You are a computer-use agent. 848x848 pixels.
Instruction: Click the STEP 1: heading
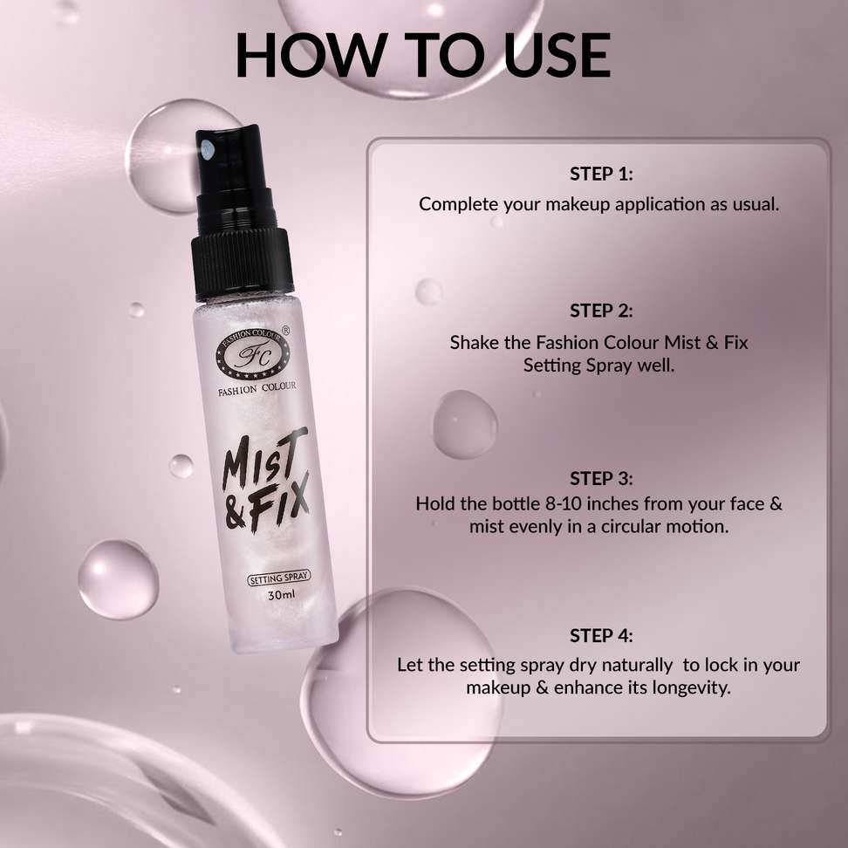click(601, 174)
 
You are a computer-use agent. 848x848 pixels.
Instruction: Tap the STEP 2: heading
click(601, 311)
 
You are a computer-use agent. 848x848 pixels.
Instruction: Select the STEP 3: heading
click(601, 479)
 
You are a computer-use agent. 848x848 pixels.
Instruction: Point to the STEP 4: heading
click(601, 635)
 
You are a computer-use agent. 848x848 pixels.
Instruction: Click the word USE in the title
click(557, 55)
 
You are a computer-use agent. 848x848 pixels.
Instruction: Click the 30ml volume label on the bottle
click(282, 595)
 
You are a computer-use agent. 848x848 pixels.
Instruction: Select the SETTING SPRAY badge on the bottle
click(279, 578)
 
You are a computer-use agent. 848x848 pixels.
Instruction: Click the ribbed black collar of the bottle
click(242, 263)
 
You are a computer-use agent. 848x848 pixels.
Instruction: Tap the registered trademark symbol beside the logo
click(286, 330)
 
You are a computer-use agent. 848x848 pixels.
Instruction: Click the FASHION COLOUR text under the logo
click(256, 388)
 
